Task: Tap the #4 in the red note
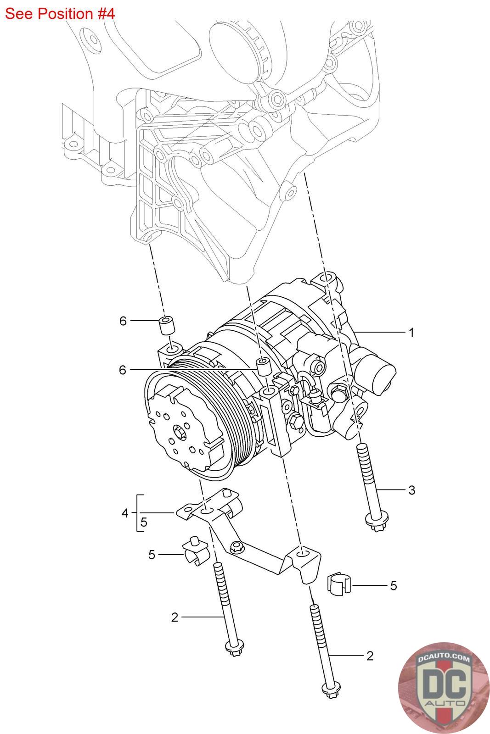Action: tap(105, 14)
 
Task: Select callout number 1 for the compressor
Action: tap(411, 333)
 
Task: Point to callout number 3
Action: tap(411, 490)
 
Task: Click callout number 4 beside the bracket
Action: tap(124, 513)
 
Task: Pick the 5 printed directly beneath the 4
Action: tap(144, 522)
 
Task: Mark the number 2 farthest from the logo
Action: tap(175, 617)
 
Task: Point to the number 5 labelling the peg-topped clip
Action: tap(152, 555)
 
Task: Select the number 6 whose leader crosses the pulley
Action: tap(122, 370)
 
